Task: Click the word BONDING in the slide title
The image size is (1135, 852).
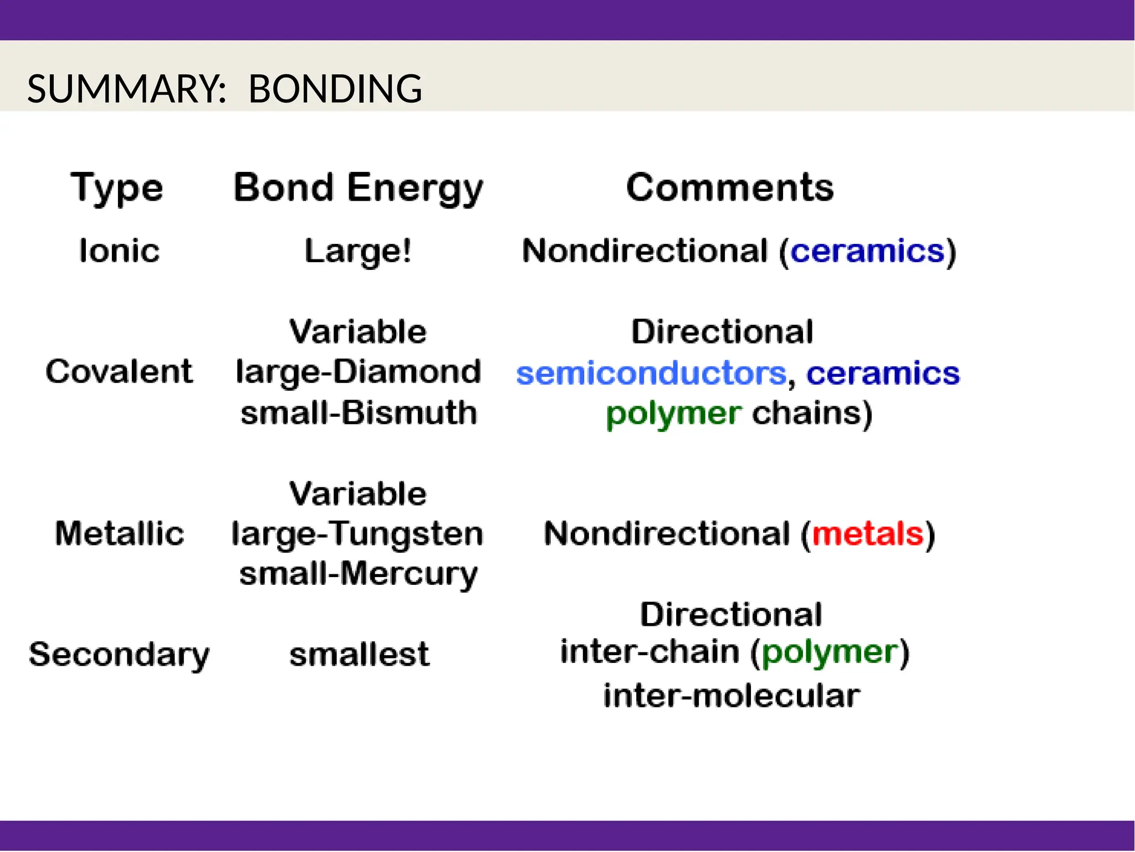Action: pyautogui.click(x=335, y=89)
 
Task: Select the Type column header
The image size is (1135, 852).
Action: pyautogui.click(x=117, y=188)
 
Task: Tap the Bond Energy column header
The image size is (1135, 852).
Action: pyautogui.click(x=358, y=188)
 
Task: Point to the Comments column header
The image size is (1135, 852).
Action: pyautogui.click(x=729, y=187)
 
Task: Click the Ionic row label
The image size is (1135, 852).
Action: pyautogui.click(x=119, y=251)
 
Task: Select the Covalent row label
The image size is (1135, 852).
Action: pyautogui.click(x=119, y=371)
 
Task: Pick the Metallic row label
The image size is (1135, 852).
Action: pyautogui.click(x=119, y=533)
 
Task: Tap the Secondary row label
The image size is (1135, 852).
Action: pyautogui.click(x=119, y=655)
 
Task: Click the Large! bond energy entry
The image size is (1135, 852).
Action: pyautogui.click(x=358, y=251)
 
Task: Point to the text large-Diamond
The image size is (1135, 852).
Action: pyautogui.click(x=358, y=371)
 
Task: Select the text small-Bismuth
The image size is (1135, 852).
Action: pyautogui.click(x=359, y=413)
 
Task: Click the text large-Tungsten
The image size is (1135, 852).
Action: pyautogui.click(x=357, y=534)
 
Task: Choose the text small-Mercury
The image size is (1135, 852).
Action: pyautogui.click(x=358, y=574)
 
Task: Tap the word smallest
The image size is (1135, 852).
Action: pyautogui.click(x=359, y=655)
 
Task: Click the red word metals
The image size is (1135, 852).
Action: pyautogui.click(x=867, y=534)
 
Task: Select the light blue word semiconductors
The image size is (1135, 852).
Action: pyautogui.click(x=651, y=373)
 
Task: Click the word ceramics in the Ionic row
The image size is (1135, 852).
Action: pyautogui.click(x=867, y=251)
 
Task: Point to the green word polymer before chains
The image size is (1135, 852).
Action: pyautogui.click(x=673, y=414)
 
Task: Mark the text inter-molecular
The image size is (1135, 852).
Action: pyautogui.click(x=732, y=696)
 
